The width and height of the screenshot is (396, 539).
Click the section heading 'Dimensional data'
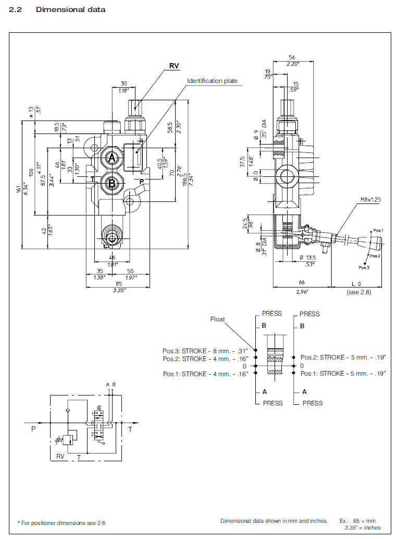[x=70, y=10]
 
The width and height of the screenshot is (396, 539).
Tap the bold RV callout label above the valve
[x=174, y=66]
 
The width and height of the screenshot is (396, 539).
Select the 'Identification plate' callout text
[x=212, y=81]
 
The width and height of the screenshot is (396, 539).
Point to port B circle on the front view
[x=112, y=183]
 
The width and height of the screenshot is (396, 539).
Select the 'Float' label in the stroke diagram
[x=217, y=319]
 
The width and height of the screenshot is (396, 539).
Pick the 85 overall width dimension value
[x=120, y=283]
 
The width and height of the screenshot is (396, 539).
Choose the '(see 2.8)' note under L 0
[x=359, y=292]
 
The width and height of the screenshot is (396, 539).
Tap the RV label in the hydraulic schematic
[x=60, y=457]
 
